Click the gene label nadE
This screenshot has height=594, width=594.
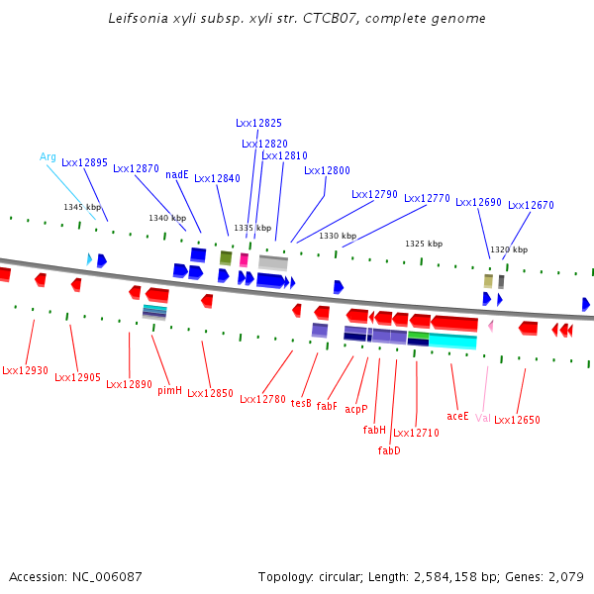[x=177, y=174]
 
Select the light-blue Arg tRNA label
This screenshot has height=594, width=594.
[x=48, y=156]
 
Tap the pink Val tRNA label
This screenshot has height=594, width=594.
[x=483, y=418]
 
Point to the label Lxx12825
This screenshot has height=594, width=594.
[x=258, y=123]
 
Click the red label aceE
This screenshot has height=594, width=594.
[x=457, y=417]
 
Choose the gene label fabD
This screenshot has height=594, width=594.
[x=389, y=450]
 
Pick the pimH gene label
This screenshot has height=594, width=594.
[x=169, y=391]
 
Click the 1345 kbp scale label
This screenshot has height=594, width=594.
[x=82, y=207]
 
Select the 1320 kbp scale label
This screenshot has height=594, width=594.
[x=509, y=249]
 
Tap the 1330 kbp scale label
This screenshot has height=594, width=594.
[x=338, y=236]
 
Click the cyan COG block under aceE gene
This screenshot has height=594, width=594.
[x=452, y=341]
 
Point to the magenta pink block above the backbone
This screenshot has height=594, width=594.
[x=244, y=260]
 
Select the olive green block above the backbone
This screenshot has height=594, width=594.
[x=226, y=258]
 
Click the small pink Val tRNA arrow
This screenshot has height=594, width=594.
[x=491, y=326]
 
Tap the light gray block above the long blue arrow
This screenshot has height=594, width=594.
[x=273, y=263]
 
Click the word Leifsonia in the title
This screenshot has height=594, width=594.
[x=139, y=18]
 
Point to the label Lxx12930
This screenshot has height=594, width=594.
[x=25, y=370]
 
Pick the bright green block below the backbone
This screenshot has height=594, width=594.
[x=418, y=336]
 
